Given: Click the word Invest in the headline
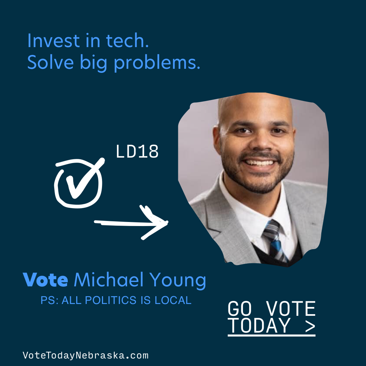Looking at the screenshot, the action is pyautogui.click(x=54, y=41).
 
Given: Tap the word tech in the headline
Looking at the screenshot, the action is pyautogui.click(x=127, y=41).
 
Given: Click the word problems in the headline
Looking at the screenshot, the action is pyautogui.click(x=157, y=63).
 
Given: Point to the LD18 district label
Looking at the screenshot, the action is pyautogui.click(x=137, y=151).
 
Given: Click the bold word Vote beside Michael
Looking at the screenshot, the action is pyautogui.click(x=45, y=279).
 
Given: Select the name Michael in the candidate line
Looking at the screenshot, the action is pyautogui.click(x=108, y=279).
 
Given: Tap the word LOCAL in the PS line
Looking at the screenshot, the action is pyautogui.click(x=173, y=300).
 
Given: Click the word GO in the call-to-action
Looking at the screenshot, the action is pyautogui.click(x=240, y=308).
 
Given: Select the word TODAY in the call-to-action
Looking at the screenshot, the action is pyautogui.click(x=259, y=325).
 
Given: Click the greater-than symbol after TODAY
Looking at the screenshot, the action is pyautogui.click(x=310, y=326).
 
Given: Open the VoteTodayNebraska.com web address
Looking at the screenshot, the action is pyautogui.click(x=85, y=355).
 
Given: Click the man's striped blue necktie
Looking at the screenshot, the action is pyautogui.click(x=275, y=240).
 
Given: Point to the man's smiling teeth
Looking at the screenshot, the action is pyautogui.click(x=259, y=162).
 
